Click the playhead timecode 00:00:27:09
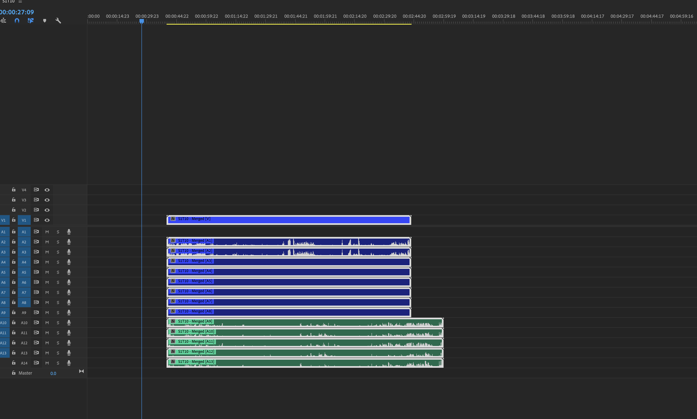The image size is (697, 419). click(17, 12)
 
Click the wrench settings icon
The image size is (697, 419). click(58, 21)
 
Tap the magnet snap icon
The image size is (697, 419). click(17, 21)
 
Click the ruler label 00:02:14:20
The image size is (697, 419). click(355, 16)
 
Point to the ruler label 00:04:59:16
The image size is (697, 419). click(681, 16)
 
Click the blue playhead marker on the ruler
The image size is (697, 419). click(142, 21)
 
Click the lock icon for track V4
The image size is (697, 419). click(14, 190)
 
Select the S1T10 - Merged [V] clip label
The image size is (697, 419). click(194, 219)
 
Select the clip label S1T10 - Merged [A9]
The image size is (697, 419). click(195, 321)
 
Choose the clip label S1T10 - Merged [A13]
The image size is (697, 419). click(196, 362)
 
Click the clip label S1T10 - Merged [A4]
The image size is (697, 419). click(195, 271)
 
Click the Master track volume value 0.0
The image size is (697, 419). click(53, 373)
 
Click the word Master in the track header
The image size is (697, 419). click(25, 373)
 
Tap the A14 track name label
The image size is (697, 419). click(24, 363)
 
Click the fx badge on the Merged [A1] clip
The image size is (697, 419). click(173, 241)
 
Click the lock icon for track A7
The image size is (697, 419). click(14, 292)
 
